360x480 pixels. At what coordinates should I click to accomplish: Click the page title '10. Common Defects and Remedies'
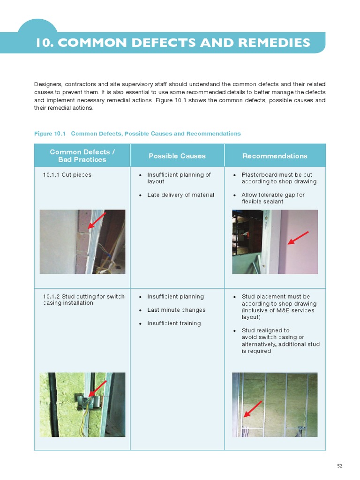coord(173,43)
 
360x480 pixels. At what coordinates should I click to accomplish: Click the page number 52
coord(340,465)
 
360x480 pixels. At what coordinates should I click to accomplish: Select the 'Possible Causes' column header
coord(177,156)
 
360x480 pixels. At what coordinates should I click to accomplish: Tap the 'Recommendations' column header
coord(275,156)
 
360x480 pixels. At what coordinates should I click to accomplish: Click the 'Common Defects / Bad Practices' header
coord(82,156)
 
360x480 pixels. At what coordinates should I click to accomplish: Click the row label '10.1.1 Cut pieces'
coord(67,175)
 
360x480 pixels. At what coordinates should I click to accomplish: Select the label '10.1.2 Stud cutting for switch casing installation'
coord(83,300)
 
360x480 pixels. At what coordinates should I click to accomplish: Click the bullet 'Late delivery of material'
coord(180,195)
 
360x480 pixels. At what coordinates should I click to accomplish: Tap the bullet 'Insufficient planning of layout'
coord(179,178)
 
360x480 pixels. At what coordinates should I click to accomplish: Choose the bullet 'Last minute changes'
coord(176,310)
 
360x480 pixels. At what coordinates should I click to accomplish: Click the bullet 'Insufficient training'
coord(173,323)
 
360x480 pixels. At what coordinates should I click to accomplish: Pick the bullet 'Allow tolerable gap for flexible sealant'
coord(273,198)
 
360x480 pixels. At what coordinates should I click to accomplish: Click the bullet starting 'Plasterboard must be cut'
coord(278,178)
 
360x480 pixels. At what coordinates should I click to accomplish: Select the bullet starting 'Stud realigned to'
coord(280,340)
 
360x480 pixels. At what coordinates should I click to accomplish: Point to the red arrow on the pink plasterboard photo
coord(298,238)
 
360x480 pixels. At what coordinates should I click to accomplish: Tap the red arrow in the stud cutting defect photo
coord(97,388)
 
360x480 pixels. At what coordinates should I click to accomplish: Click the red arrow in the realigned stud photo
coord(253,408)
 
